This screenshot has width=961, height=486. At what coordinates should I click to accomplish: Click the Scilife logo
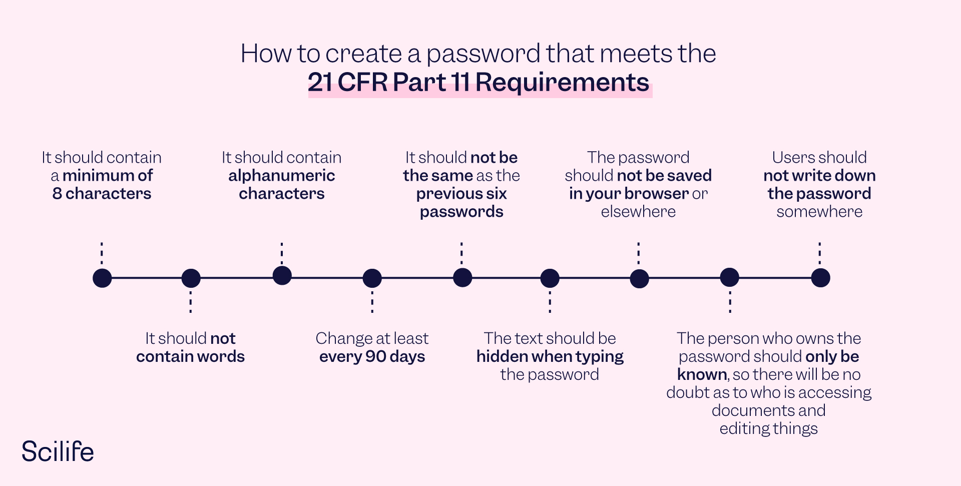58,451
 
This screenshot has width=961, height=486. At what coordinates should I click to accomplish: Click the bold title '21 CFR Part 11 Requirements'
478,82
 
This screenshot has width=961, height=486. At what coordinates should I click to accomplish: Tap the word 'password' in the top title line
483,54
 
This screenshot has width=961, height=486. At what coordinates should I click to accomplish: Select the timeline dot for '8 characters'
102,278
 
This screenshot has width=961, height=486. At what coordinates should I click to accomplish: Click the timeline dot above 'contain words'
191,278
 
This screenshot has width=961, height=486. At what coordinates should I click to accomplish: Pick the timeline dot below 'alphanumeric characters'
282,275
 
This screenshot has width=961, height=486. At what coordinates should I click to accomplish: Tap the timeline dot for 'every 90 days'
372,278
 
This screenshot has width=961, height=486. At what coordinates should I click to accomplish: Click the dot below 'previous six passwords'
462,277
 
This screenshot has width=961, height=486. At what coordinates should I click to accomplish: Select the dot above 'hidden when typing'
550,278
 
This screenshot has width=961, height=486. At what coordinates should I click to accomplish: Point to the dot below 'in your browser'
639,278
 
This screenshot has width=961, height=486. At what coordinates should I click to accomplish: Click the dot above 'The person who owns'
729,277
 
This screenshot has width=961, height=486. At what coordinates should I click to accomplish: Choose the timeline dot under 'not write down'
820,277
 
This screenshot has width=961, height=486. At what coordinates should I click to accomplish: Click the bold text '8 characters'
102,194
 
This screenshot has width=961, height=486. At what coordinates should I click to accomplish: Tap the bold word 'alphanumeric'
282,176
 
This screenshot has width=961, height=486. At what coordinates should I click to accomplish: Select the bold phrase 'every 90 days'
372,356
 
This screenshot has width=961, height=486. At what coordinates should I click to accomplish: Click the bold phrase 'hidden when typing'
550,356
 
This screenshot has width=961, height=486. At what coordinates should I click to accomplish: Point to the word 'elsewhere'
638,212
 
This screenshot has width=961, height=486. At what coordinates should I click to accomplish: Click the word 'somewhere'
819,212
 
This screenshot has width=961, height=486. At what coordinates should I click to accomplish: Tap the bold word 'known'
702,374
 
